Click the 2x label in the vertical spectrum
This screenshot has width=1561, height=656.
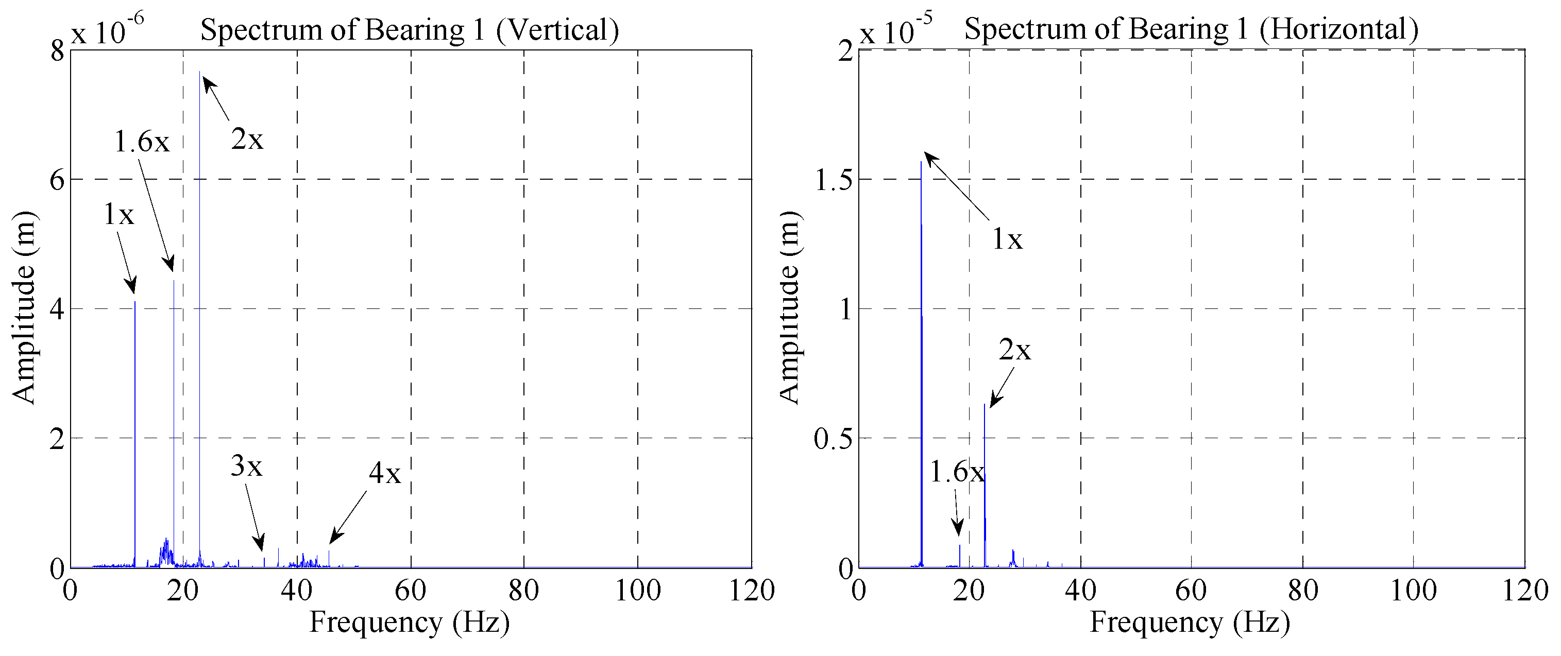click(x=247, y=140)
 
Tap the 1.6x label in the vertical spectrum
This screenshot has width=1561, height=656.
click(x=142, y=142)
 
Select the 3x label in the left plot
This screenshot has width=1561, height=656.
click(x=246, y=467)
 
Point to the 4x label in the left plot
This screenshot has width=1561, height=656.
click(x=385, y=473)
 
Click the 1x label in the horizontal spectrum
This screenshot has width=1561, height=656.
click(x=1007, y=239)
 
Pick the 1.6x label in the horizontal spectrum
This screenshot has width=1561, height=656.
click(x=957, y=472)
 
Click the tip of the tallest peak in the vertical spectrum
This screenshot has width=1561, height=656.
click(x=199, y=73)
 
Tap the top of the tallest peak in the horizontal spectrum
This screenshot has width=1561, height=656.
click(x=921, y=162)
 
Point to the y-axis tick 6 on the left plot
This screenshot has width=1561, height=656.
click(x=57, y=180)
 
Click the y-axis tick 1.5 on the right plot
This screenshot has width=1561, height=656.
click(x=833, y=180)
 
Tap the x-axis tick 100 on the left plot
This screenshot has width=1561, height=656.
click(x=637, y=591)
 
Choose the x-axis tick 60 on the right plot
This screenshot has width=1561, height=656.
click(x=1191, y=591)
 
